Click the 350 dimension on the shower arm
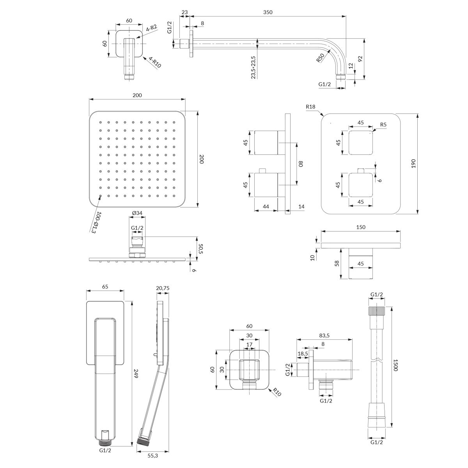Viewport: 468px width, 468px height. point(268,12)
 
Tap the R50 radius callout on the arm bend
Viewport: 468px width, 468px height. point(320,58)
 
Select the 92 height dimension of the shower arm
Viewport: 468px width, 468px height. point(360,59)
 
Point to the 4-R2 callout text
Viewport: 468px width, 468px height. point(152,28)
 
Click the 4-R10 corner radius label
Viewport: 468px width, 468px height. point(155,62)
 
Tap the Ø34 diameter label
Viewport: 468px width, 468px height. point(137,213)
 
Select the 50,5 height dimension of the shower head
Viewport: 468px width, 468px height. point(201,249)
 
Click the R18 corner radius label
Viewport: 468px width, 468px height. point(310,106)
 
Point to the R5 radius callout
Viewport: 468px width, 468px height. point(383,124)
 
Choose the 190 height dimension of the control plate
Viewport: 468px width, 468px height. point(414,163)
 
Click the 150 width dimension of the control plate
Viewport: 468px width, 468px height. point(361,227)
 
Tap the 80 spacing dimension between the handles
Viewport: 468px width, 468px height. point(301,164)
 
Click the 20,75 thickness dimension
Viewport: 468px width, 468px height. point(163,288)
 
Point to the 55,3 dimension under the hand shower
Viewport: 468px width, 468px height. point(152,456)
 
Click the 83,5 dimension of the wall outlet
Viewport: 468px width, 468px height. point(324,335)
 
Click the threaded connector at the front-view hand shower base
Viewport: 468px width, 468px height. point(105,443)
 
